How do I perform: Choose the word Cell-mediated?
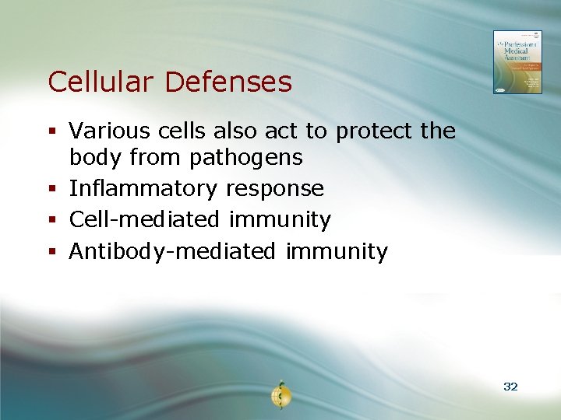(x=144, y=220)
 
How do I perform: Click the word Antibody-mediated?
(x=172, y=252)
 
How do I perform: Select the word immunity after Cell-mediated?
(x=280, y=221)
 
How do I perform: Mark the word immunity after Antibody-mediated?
(x=337, y=252)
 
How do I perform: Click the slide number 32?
(x=510, y=387)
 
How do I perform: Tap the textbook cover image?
(x=517, y=62)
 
